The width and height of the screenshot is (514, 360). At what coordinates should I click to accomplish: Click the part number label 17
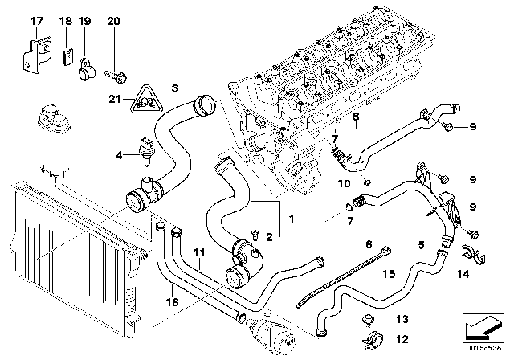click(35, 19)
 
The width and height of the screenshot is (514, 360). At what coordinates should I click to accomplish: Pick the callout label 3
click(175, 87)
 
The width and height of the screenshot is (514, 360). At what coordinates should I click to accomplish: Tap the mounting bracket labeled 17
click(33, 54)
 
